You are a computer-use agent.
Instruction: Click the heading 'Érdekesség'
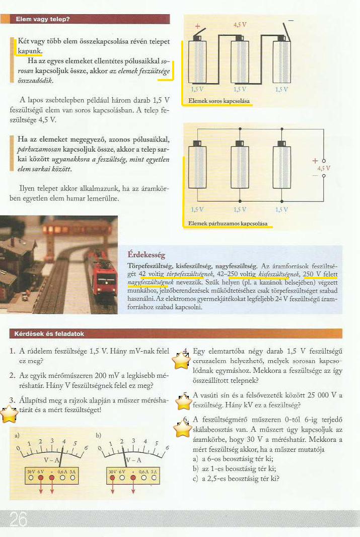147,255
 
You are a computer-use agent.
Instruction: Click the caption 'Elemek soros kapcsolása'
219,102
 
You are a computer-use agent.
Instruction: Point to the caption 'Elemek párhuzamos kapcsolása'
227,223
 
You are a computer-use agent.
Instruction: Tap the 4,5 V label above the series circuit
240,24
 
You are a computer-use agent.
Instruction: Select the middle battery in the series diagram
240,61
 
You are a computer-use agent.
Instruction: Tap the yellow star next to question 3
9,414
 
